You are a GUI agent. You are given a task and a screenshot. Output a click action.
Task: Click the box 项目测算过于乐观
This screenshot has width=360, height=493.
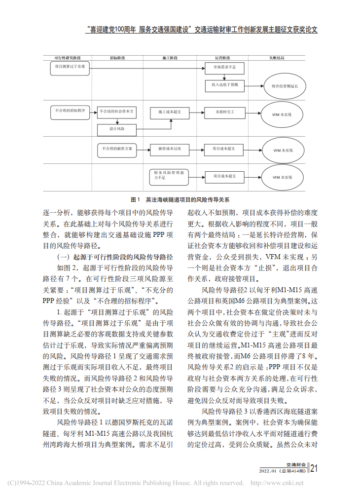click(x=70, y=67)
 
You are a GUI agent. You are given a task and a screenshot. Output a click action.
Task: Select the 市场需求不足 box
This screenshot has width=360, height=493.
click(x=224, y=67)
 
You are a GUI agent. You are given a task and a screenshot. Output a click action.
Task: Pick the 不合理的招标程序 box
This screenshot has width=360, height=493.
click(x=70, y=112)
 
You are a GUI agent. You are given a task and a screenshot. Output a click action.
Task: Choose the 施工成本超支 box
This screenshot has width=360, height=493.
click(x=170, y=113)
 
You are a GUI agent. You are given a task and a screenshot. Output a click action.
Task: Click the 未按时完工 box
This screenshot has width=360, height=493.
click(x=224, y=113)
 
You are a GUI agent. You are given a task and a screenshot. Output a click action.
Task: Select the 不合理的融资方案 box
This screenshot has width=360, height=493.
click(x=117, y=148)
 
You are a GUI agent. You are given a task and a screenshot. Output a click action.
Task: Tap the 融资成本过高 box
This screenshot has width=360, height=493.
click(x=170, y=148)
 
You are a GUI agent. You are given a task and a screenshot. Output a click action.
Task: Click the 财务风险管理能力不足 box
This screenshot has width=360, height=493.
click(x=170, y=175)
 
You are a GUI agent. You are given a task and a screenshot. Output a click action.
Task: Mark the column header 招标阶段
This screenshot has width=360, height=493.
click(x=117, y=58)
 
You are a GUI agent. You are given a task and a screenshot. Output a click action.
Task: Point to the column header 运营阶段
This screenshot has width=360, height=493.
click(x=224, y=58)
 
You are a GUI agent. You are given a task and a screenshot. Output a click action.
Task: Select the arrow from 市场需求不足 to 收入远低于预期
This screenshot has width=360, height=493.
click(x=224, y=76)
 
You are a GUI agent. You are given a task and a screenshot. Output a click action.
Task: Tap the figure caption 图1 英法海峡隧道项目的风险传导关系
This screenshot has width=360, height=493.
click(x=180, y=200)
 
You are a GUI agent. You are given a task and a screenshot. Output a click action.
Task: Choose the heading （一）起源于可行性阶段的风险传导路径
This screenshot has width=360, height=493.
click(x=115, y=257)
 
